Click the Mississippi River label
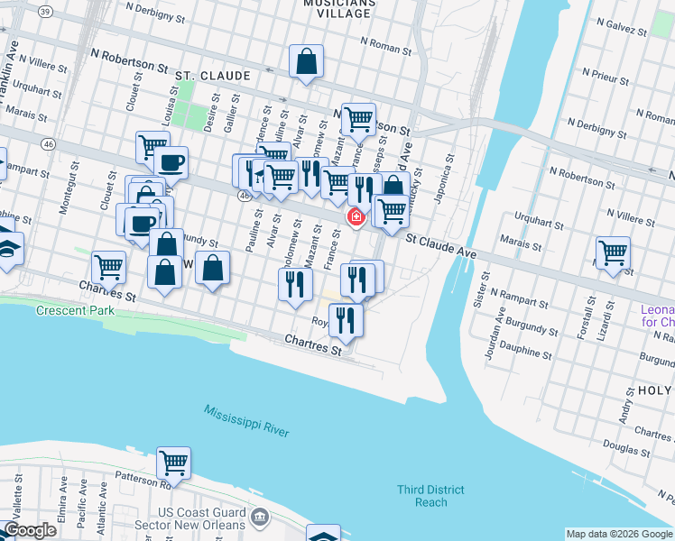(x=246, y=421)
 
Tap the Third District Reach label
(x=430, y=496)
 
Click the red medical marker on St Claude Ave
(x=356, y=216)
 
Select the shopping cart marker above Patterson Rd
(x=173, y=463)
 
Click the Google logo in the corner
(x=30, y=530)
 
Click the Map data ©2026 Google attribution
(x=618, y=534)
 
